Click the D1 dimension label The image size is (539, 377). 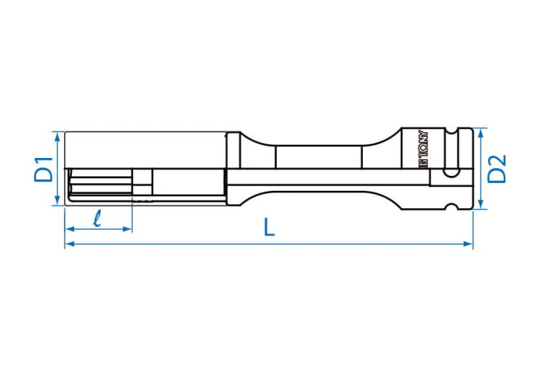point(43,169)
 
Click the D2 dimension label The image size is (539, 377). point(497,168)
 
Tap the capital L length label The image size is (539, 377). point(269,228)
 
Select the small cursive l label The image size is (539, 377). point(98,218)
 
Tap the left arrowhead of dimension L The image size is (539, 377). point(69,244)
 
